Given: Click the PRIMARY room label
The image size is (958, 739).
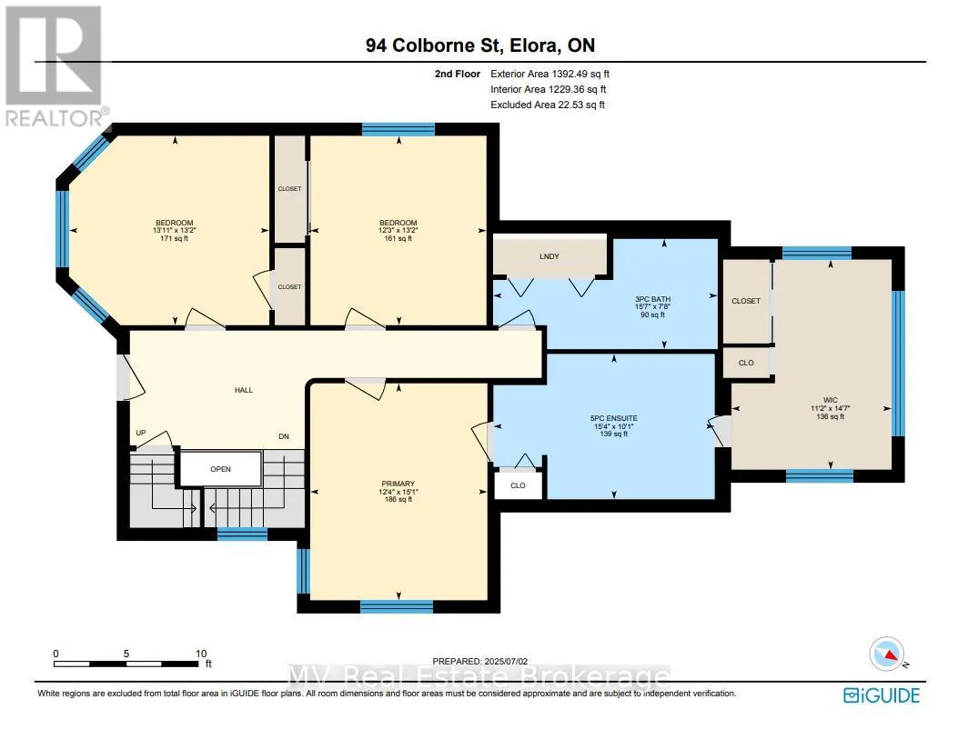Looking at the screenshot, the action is pos(398,484).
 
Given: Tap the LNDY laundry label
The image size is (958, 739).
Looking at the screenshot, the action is pos(550,256).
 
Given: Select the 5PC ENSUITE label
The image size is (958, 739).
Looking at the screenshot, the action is pos(614,418).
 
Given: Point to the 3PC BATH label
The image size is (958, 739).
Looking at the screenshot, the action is pos(652,300).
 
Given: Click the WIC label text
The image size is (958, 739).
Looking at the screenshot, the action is pos(831,400).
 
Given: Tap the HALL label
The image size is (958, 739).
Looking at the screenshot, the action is pos(244,390).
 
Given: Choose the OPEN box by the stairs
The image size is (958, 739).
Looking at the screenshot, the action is pos(220,469).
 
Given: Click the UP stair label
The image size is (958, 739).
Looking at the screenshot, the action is pos(141,433).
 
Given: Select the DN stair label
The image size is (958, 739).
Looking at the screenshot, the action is pos(284,436).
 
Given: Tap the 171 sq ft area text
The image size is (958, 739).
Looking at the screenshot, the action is pos(174,238).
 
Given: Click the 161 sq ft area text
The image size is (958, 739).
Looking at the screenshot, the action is pos(398,238).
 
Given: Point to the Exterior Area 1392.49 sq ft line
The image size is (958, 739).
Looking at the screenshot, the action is pos(550,74).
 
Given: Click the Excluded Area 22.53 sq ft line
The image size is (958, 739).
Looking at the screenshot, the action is pos(548,105).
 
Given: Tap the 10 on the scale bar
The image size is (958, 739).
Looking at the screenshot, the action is pos(201,653).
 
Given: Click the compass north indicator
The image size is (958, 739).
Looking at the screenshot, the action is pos(887,654).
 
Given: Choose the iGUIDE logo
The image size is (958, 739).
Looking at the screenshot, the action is pos(882,695).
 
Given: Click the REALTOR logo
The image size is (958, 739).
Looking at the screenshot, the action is pos(55,66).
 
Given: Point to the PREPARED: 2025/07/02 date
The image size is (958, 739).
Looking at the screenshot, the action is pos(479,661).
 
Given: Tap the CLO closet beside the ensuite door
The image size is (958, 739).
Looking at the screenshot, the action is pos(518,485).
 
